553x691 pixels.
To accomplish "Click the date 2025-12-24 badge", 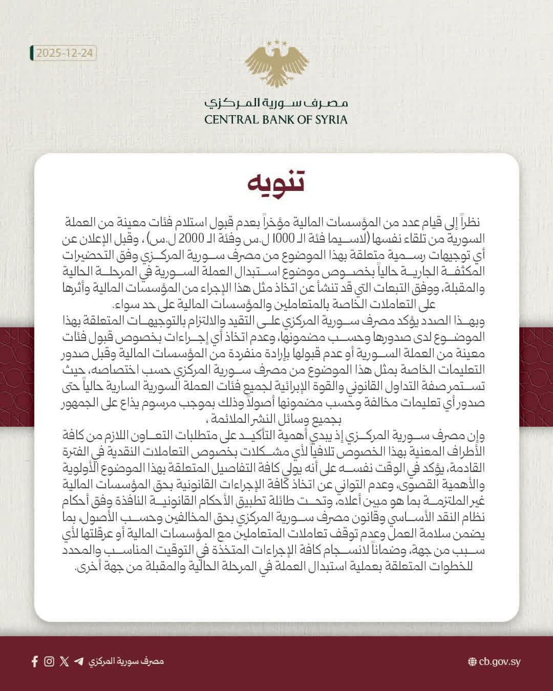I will pos(63,53).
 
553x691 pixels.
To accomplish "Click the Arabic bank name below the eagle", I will pos(276,102).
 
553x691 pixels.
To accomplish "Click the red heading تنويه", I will pos(276,183).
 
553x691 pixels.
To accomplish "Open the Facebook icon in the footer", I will pos(35,661).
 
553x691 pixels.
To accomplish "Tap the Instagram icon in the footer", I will pos(49,661).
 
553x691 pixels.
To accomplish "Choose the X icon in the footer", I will pos(64,661).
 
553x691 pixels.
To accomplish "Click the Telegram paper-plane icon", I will pos(78,661).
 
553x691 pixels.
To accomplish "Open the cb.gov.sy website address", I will pos(500,662).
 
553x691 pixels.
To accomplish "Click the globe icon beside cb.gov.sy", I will pos(472,662).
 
